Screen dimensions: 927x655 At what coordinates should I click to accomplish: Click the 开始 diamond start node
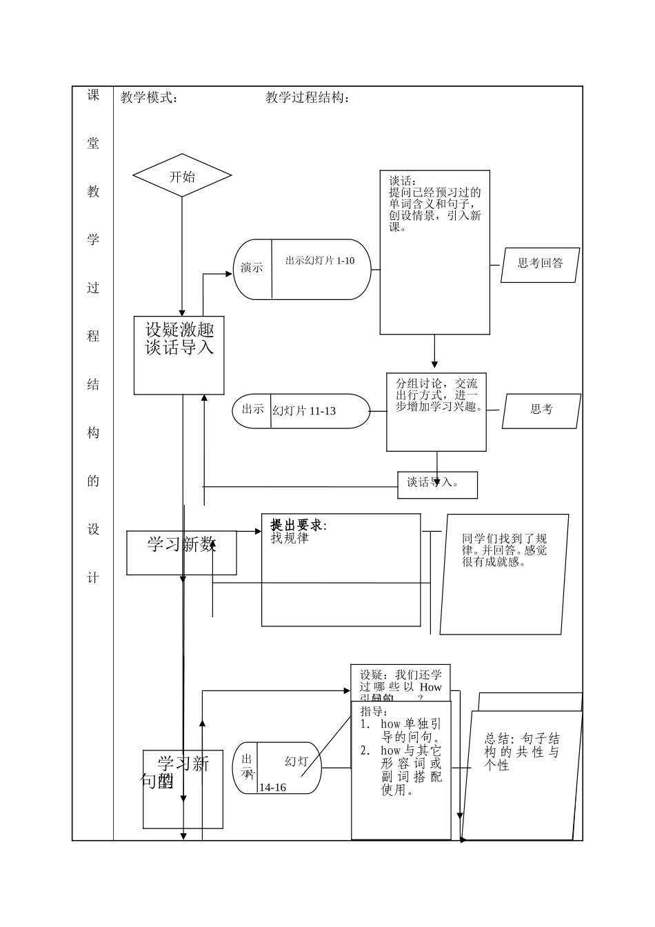pos(182,176)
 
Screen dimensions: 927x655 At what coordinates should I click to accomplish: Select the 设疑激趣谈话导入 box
pos(179,339)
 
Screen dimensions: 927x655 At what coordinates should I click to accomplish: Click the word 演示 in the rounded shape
pos(252,268)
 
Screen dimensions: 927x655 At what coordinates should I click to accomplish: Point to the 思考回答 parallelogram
pos(540,263)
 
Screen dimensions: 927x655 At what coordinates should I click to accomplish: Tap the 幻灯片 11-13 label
pos(304,411)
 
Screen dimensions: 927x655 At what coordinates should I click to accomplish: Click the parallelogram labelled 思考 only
pos(541,410)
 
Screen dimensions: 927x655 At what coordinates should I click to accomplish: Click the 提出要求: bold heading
pos(299,526)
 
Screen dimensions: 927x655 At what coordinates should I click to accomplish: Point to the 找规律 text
pos(290,539)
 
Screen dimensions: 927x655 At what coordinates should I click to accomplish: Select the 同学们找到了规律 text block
pos(505,550)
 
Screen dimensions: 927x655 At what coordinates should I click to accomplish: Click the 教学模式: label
pos(150,98)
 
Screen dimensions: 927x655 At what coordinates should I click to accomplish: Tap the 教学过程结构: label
pos(308,98)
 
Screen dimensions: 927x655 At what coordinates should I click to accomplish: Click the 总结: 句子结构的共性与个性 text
pos(521,752)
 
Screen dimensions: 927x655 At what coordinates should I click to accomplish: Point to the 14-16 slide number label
pos(272,788)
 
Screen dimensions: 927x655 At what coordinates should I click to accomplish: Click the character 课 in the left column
pos(93,95)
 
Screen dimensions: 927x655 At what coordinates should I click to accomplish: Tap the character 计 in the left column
pos(93,578)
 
